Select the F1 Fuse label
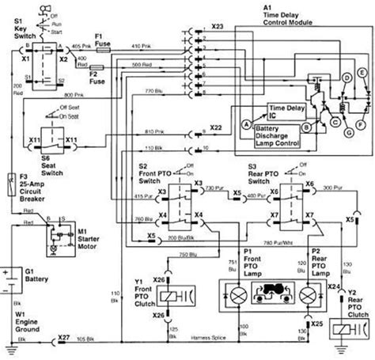(x=103, y=39)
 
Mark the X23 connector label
(x=218, y=28)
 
